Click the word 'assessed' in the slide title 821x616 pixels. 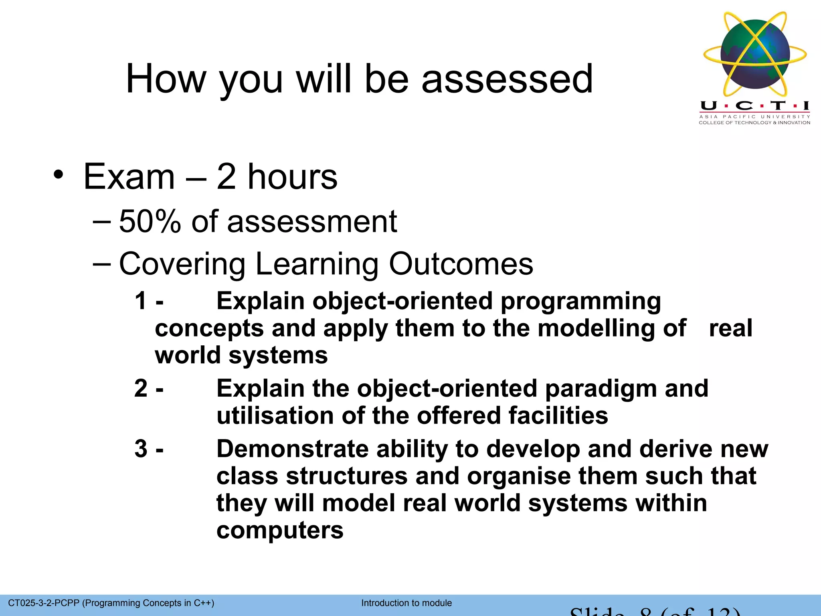[507, 79]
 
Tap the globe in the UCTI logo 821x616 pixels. [755, 54]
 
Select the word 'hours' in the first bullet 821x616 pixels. [292, 177]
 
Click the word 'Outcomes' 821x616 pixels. [461, 264]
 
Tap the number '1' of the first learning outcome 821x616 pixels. [141, 301]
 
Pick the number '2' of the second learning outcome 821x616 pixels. [141, 388]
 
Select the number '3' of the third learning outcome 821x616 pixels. [141, 448]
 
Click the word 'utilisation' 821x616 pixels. [275, 415]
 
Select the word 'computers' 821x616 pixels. [280, 530]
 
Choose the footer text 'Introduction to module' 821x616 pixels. [406, 603]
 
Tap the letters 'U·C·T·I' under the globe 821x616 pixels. [755, 106]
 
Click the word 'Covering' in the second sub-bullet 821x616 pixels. [182, 264]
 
